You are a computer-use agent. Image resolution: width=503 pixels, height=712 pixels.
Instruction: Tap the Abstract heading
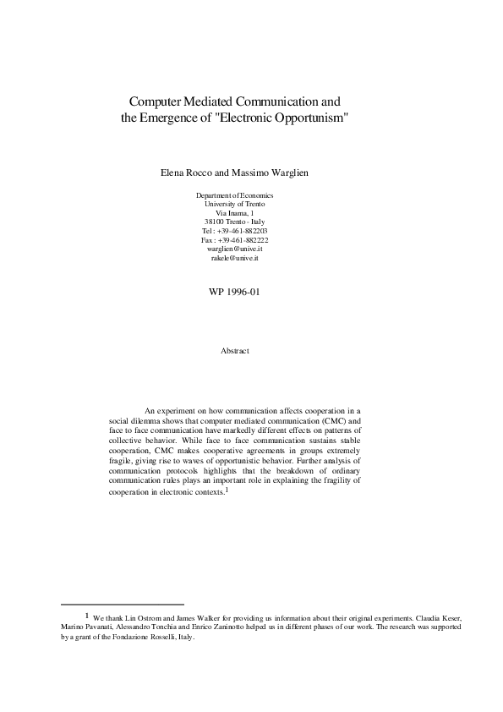[234, 349]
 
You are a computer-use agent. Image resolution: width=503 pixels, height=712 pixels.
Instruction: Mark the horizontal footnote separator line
[123, 605]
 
